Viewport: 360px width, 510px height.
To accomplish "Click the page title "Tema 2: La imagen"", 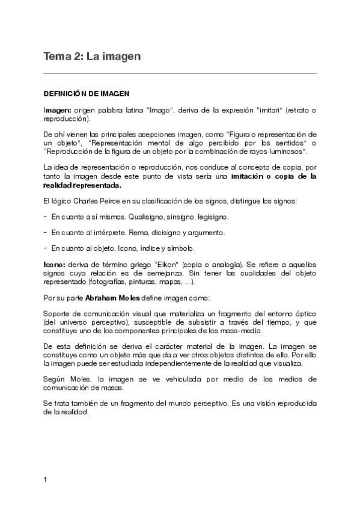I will (92, 57).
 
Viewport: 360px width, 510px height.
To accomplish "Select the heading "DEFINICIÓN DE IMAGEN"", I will (85, 94).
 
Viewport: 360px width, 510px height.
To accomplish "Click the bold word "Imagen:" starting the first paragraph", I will (57, 111).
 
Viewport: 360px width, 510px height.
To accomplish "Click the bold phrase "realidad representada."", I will (82, 185).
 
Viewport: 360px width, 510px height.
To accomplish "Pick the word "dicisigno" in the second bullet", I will (159, 232).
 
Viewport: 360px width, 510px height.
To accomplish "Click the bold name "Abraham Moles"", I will (108, 297).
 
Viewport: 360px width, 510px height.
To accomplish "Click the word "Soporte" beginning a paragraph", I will (58, 314).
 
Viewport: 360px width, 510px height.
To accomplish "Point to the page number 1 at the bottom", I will (46, 480).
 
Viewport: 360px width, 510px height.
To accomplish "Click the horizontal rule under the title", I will (180, 73).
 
